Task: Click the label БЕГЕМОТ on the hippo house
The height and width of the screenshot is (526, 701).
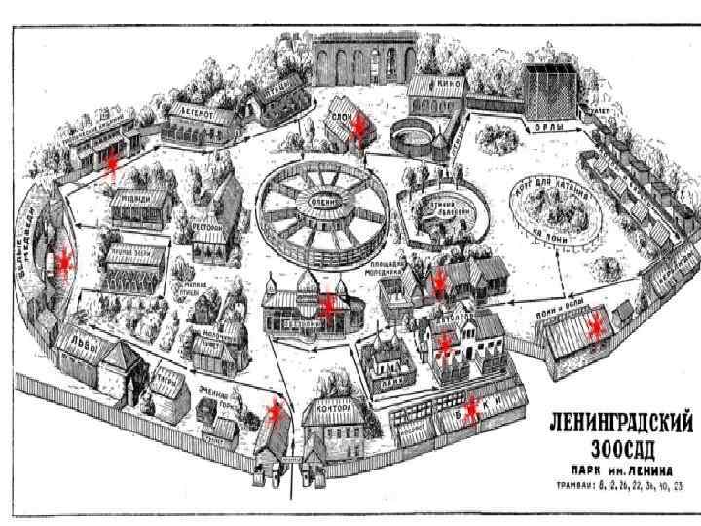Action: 198,112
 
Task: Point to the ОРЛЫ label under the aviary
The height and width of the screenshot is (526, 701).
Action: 543,127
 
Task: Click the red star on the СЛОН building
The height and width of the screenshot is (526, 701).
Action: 360,126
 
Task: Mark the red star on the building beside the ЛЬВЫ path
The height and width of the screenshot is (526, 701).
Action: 276,412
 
